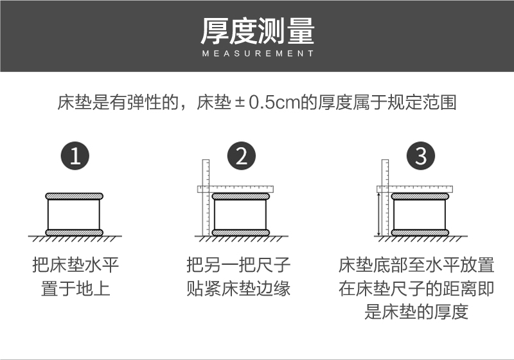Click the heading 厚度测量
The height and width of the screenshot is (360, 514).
click(x=258, y=31)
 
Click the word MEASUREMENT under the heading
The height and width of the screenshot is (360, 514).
click(x=258, y=53)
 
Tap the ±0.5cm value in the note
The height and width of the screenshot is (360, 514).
click(x=267, y=102)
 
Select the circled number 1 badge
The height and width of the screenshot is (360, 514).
click(x=75, y=156)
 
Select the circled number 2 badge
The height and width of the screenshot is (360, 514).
click(x=242, y=156)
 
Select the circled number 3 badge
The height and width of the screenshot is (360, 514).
click(x=421, y=156)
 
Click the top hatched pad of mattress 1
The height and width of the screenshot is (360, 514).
click(x=74, y=197)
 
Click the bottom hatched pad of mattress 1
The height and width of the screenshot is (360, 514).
click(x=74, y=233)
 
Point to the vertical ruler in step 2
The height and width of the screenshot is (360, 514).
click(x=206, y=198)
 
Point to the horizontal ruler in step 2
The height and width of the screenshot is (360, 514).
click(x=235, y=189)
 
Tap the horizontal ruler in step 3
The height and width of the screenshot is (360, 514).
click(x=414, y=189)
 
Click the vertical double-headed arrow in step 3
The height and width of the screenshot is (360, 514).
click(x=379, y=214)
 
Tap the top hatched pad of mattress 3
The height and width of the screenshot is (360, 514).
click(x=420, y=197)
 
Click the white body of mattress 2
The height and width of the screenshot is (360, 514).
click(x=240, y=215)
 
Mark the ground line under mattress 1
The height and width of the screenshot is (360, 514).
click(x=75, y=236)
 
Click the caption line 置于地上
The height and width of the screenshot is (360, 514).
click(x=75, y=289)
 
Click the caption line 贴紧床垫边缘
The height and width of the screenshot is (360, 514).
click(x=238, y=289)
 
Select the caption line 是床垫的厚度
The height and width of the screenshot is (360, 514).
click(x=416, y=312)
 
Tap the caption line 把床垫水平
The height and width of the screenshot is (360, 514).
click(x=75, y=265)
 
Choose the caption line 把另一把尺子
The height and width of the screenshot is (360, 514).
click(x=238, y=265)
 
